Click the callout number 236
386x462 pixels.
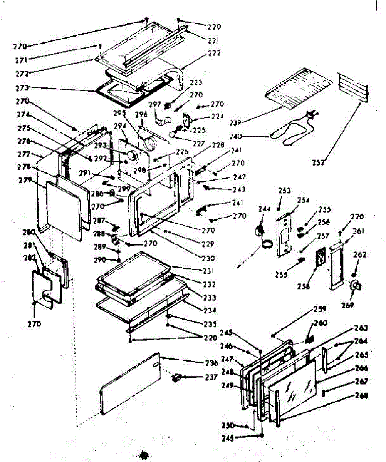point(211,363)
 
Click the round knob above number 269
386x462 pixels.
point(356,286)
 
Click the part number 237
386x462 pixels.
point(211,378)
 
